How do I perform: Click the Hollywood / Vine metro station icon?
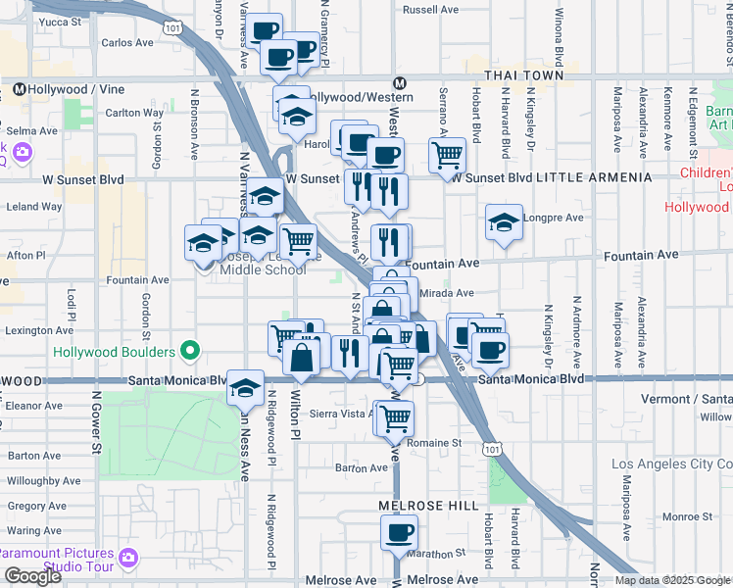coord(19,89)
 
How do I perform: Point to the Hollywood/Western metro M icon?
coord(399,83)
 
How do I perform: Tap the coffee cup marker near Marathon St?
coord(399,533)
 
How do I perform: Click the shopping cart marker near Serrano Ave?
coord(447,154)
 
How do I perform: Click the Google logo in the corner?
coord(32,576)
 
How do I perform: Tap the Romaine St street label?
coord(442,443)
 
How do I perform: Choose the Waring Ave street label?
coord(34,531)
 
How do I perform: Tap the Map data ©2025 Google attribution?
coord(672,580)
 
